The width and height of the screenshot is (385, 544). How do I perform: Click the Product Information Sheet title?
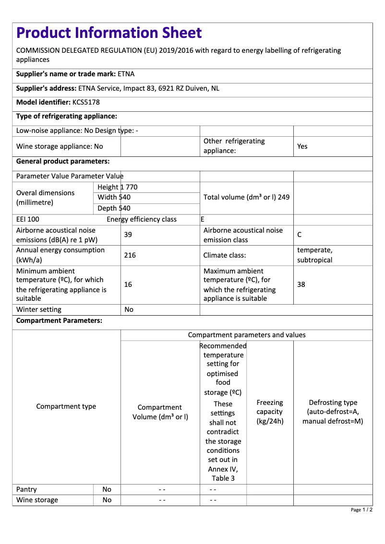[x=109, y=33]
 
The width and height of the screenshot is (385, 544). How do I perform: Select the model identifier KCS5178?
[x=86, y=102]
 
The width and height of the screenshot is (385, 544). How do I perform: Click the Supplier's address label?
[x=46, y=88]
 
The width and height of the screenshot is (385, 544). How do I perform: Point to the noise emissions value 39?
[x=128, y=235]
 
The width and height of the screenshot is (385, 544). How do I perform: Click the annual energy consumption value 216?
[x=130, y=255]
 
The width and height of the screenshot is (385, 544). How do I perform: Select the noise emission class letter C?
[x=300, y=235]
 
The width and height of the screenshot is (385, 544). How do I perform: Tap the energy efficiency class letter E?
[x=203, y=219]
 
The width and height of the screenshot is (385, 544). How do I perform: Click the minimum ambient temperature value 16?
[x=128, y=284]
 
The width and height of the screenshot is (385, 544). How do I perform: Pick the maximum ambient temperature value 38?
[x=301, y=284]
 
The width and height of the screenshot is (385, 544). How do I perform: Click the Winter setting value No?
[x=129, y=309]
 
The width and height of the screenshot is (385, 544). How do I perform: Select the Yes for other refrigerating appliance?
[x=302, y=146]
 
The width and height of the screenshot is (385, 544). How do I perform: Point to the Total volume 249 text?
[x=246, y=197]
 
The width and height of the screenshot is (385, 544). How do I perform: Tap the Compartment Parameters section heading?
[x=59, y=320]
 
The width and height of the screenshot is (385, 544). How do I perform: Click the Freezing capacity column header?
[x=270, y=412]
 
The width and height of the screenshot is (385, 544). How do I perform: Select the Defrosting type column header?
[x=333, y=412]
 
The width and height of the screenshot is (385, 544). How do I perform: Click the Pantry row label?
[x=26, y=489]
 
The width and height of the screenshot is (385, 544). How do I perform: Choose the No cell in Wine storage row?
[x=107, y=500]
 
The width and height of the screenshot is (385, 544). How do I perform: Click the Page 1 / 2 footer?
[x=361, y=509]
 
